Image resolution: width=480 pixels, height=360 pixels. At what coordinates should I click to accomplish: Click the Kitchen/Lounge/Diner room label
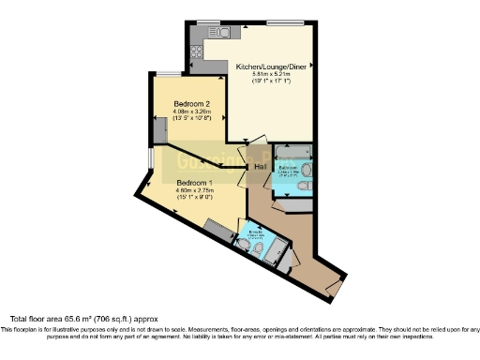272,67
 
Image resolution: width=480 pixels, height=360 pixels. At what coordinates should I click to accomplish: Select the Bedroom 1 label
196,182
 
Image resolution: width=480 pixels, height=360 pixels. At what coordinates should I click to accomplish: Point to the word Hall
262,167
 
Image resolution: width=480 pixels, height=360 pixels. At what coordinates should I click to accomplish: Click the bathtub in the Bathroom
294,151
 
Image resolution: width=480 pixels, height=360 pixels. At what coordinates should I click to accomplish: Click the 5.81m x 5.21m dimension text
272,76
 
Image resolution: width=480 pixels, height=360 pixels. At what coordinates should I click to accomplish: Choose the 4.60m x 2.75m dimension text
196,190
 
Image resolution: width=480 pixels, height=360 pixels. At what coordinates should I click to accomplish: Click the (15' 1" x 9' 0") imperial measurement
196,198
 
